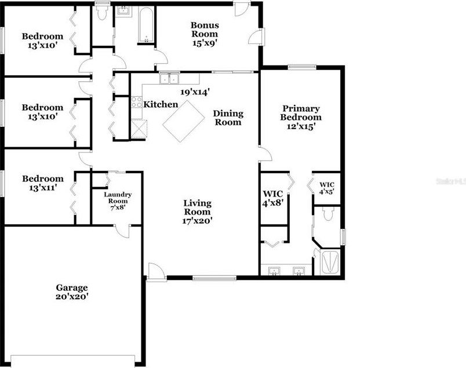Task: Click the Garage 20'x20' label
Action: pos(72,292)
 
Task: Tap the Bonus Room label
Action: pos(205,34)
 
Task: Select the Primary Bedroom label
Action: pos(301,117)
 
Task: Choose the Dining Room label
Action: pos(228,118)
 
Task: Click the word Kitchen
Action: pos(161,104)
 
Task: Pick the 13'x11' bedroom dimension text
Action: pos(42,188)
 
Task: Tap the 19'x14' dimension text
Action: pos(194,91)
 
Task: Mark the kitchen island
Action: pos(185,121)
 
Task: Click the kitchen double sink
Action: pos(170,79)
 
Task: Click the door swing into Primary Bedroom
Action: pos(265,154)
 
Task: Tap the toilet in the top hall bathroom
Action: pos(103,13)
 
